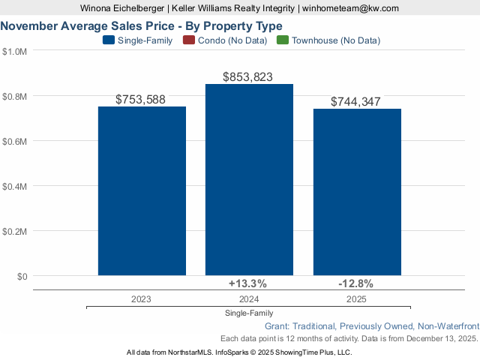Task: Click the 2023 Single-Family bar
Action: point(142,191)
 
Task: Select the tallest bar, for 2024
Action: point(249,180)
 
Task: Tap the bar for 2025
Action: point(357,193)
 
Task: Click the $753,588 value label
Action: point(141,99)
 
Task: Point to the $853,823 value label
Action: point(248,76)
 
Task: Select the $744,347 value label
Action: point(356,101)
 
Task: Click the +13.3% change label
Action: point(247,283)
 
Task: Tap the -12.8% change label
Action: point(355,283)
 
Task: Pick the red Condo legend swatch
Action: point(188,40)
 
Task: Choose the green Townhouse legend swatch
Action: point(282,40)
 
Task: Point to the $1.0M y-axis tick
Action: point(15,51)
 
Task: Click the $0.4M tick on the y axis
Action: point(15,186)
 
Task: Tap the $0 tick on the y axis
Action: point(21,276)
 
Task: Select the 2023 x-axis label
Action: point(141,298)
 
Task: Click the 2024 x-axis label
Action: point(248,298)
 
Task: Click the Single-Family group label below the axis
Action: point(248,313)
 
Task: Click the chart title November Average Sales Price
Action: point(142,26)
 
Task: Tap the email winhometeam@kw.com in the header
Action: point(351,8)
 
